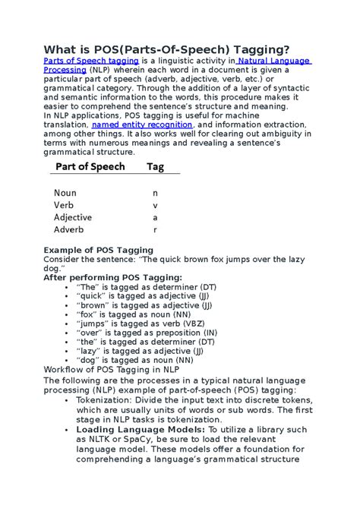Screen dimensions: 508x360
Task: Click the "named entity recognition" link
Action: coord(143,124)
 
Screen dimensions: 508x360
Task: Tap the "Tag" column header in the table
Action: coord(155,166)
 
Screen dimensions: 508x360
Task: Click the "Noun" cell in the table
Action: coord(65,193)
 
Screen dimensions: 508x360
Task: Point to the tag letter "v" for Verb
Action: coord(155,205)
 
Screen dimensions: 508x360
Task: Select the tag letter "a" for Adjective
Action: coord(155,217)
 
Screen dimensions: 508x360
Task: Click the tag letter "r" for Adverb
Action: coord(155,229)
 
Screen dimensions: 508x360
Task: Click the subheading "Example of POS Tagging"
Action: coord(99,250)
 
